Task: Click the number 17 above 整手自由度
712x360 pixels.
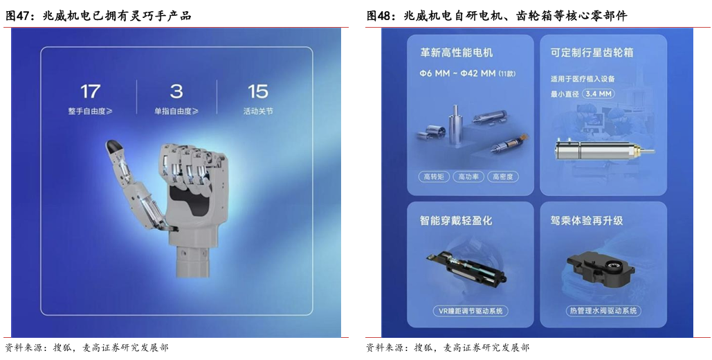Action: (90, 91)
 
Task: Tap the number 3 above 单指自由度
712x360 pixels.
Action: (176, 91)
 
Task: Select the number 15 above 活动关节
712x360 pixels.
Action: (258, 91)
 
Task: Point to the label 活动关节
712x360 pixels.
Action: (258, 111)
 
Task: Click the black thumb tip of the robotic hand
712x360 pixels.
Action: (113, 146)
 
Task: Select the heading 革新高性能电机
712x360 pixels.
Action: (457, 53)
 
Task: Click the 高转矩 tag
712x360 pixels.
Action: (434, 177)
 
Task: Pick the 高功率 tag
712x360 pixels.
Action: (468, 177)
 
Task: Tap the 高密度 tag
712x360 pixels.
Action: (502, 177)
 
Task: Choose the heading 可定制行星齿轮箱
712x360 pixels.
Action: (592, 53)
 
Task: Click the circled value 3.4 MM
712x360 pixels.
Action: (598, 94)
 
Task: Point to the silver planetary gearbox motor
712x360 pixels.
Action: (604, 150)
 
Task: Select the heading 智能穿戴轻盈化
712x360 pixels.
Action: (456, 221)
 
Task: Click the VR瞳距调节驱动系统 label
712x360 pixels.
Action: (470, 312)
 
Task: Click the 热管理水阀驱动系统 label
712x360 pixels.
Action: (603, 312)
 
